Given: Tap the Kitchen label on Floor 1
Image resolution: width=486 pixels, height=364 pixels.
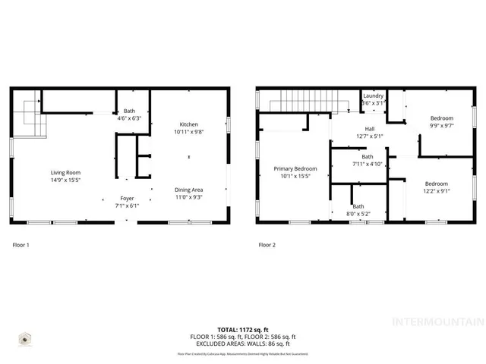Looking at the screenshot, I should [x=188, y=124].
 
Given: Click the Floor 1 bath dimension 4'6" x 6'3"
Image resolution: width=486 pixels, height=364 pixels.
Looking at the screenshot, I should [x=129, y=118].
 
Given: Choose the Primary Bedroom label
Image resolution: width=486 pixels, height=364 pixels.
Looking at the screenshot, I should [x=295, y=168].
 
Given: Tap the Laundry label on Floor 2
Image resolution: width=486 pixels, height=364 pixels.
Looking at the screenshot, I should [x=373, y=96].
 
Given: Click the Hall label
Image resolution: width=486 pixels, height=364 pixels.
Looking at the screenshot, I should [x=370, y=129].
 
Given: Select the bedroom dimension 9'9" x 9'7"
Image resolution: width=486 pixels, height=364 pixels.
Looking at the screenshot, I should [x=441, y=125].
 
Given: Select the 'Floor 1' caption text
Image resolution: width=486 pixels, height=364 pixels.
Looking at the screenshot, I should [x=22, y=245].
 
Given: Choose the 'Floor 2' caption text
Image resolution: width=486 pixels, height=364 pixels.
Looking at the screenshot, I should [x=267, y=245].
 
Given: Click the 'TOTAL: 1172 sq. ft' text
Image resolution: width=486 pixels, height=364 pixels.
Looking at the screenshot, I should [x=242, y=330].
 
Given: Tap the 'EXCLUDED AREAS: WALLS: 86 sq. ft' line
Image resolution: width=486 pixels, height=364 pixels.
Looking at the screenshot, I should [x=242, y=343].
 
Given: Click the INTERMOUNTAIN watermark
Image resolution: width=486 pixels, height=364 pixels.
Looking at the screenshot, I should [x=436, y=321].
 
